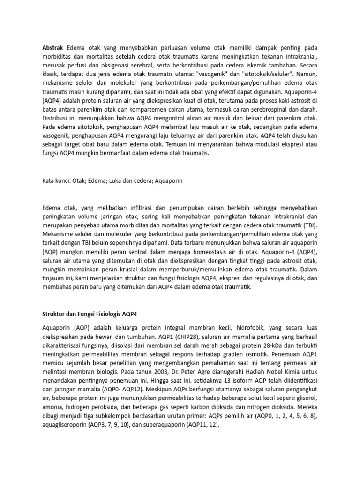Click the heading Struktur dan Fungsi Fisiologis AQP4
pyautogui.click(x=90, y=313)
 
